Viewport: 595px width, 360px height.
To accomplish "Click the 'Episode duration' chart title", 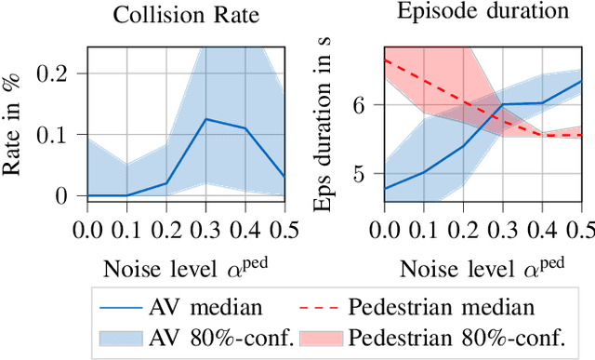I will tap(482, 13).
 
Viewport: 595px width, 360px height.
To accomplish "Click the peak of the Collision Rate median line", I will tap(205, 119).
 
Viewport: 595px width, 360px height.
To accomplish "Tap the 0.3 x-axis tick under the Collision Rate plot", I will tap(205, 228).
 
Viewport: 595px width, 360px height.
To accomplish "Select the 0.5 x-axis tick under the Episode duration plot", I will tap(581, 228).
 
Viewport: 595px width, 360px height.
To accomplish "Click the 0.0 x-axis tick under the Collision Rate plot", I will tap(86, 228).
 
